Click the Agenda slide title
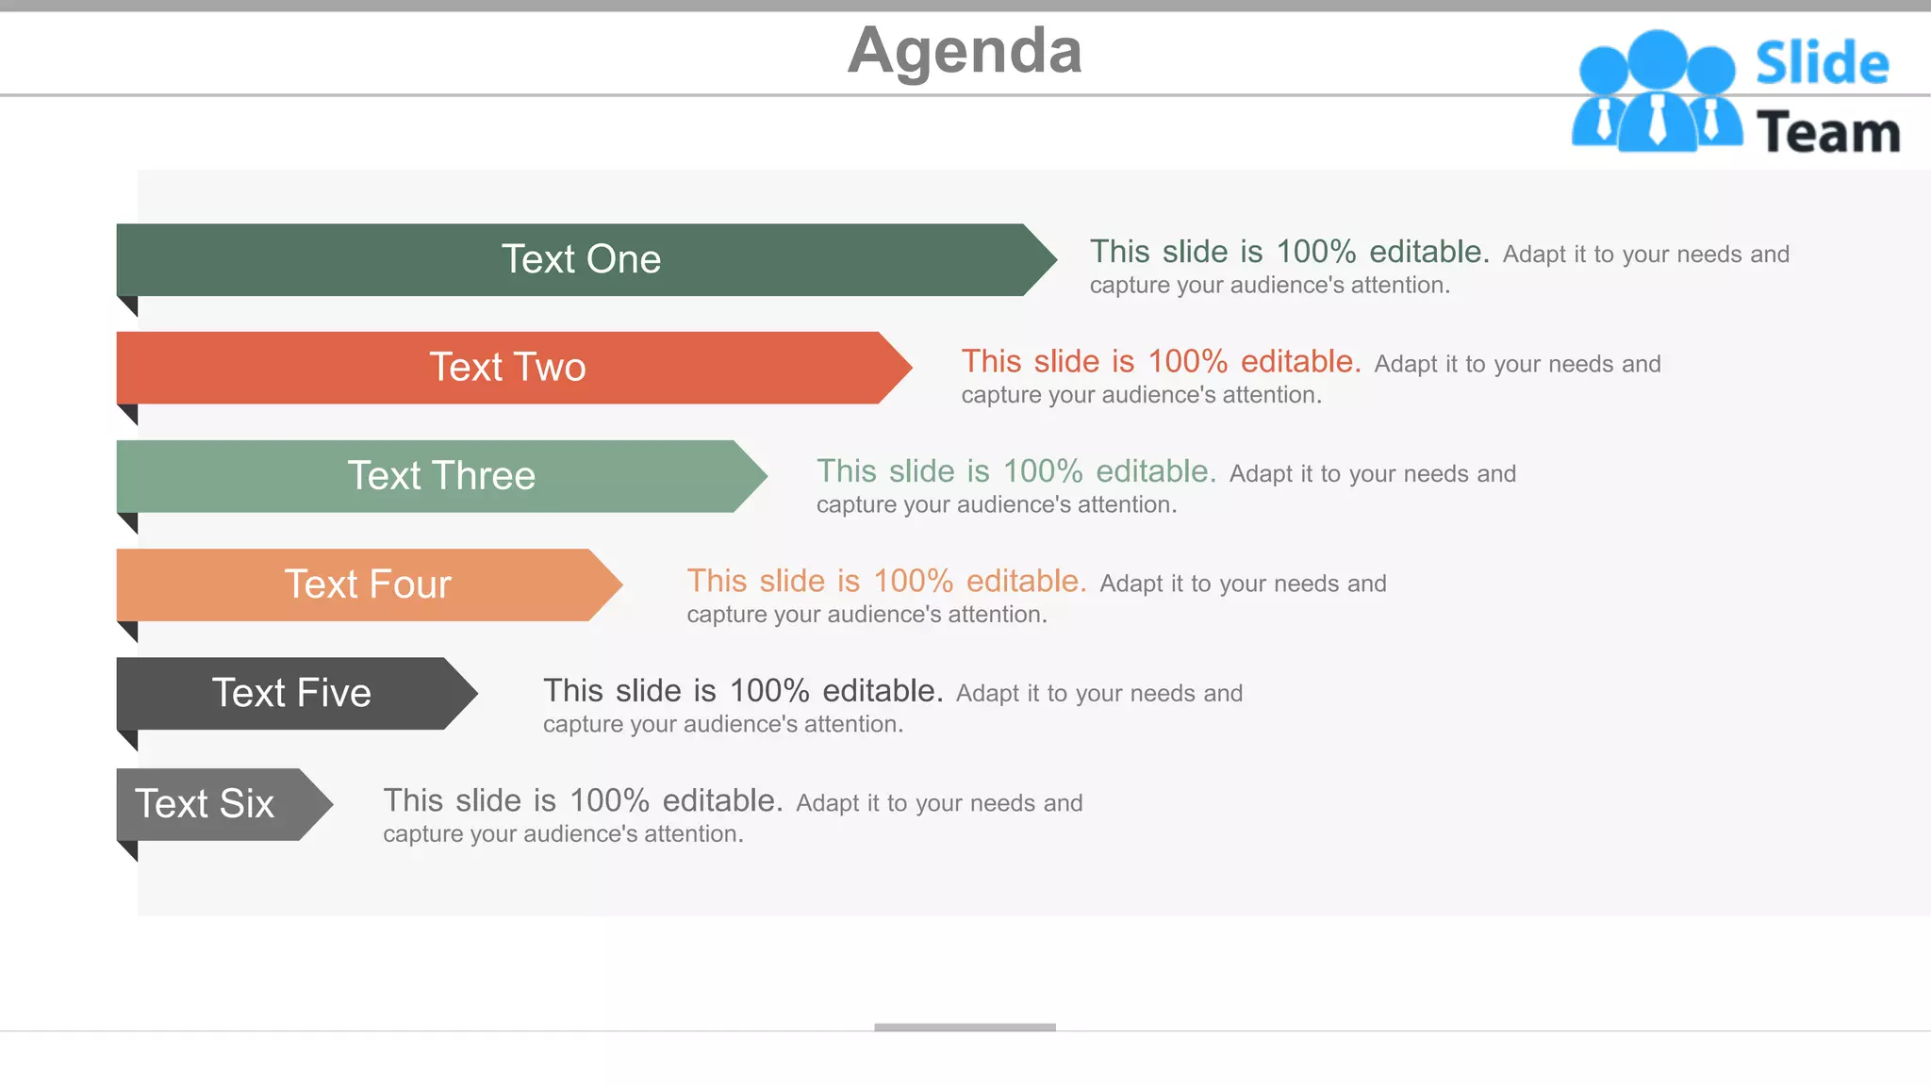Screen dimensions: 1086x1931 coord(965,51)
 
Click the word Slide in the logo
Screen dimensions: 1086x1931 coord(1822,64)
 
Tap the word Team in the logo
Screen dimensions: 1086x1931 coord(1828,133)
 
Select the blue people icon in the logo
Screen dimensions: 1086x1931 coord(1657,92)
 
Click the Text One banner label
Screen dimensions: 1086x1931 coord(581,259)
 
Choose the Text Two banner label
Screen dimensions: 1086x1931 coord(507,368)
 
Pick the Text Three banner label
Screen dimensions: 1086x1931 coord(441,476)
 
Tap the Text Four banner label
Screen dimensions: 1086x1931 coord(368,584)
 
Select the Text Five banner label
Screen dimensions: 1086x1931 coord(291,694)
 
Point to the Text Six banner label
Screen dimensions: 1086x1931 coord(205,804)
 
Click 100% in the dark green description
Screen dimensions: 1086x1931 coord(1315,252)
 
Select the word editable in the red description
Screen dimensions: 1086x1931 coord(1300,362)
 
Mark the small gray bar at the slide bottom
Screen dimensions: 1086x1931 coord(965,1027)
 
